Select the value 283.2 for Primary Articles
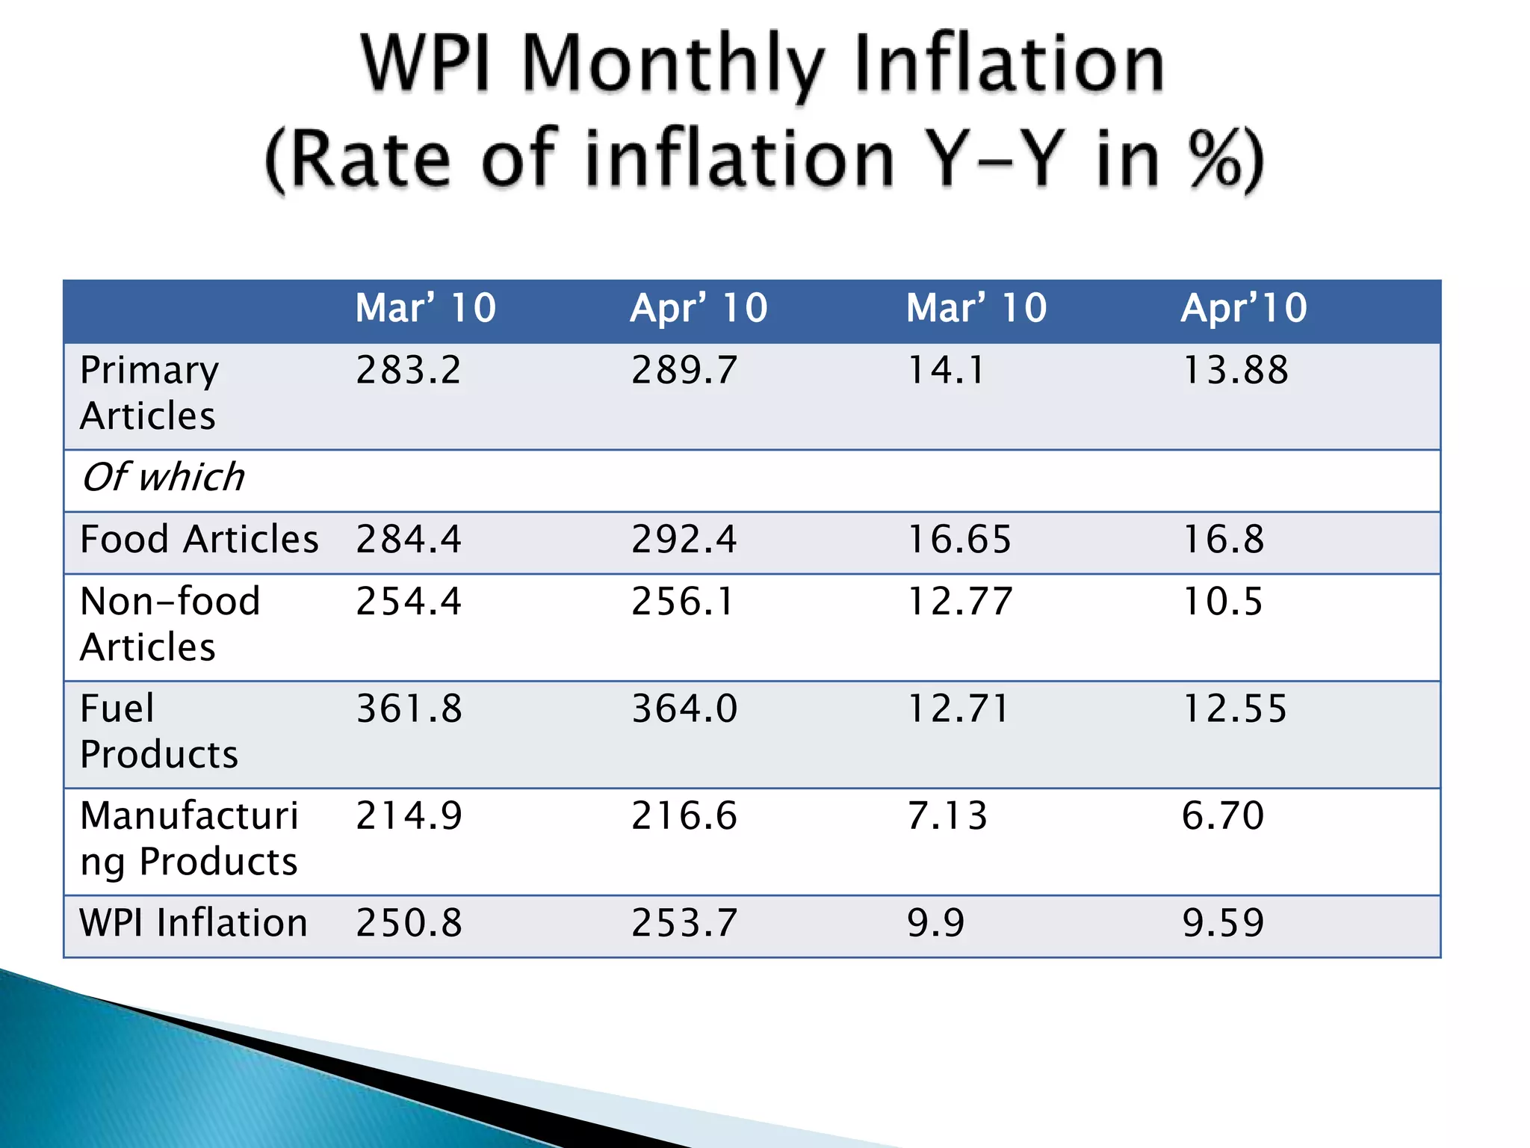coord(408,370)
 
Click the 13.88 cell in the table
coord(1235,370)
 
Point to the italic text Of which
coord(163,478)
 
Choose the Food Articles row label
coord(199,540)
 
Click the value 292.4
coord(684,540)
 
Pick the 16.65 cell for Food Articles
coord(958,540)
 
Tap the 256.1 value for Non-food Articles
coord(683,602)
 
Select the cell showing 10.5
coord(1222,602)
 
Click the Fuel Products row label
coord(158,731)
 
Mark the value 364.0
coord(684,709)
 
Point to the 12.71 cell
coord(958,709)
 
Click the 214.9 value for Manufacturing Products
coord(409,815)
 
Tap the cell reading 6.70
coord(1223,815)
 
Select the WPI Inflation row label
coord(193,923)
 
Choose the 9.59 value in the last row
coord(1223,923)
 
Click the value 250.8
coord(409,923)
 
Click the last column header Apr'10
coord(1244,308)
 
